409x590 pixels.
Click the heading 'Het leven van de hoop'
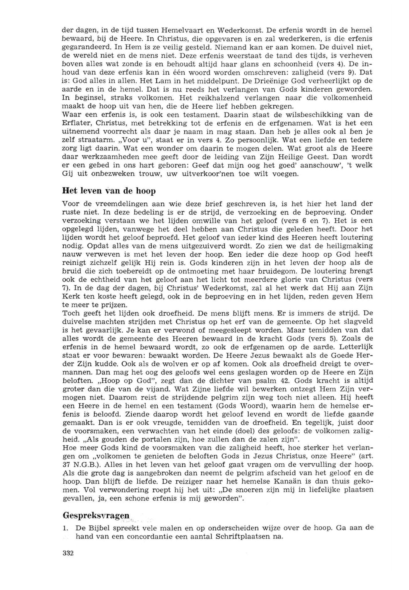[109, 192]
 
